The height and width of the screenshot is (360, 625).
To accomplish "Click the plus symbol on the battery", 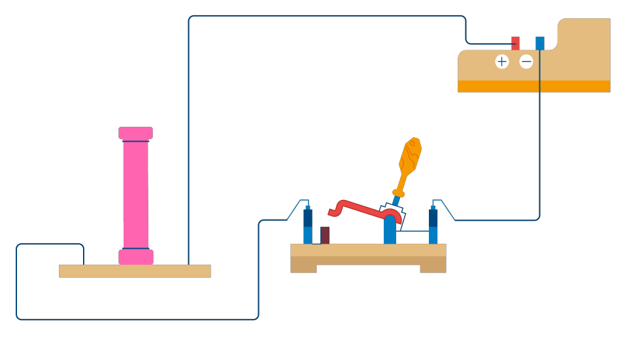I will point(501,61).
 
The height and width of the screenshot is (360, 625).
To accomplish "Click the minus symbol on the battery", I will point(526,61).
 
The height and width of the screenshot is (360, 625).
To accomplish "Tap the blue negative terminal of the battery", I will point(539,43).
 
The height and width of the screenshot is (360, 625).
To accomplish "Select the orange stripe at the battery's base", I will point(533,86).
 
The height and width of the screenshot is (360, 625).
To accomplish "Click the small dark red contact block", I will point(325,235).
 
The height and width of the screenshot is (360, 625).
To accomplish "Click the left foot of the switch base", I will point(303,268).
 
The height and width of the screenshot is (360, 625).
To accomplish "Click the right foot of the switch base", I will point(433,268).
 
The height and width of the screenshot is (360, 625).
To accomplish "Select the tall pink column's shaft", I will point(135,195).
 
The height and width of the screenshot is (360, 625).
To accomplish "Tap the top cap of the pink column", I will point(135,133).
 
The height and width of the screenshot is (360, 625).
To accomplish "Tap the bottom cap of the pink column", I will point(135,257).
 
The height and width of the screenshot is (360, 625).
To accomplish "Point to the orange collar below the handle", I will point(398,193).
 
